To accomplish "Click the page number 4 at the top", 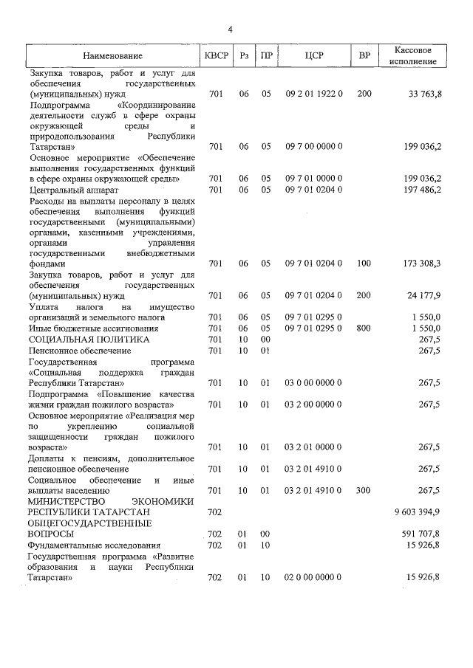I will (x=231, y=30).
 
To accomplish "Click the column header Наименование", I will (x=112, y=56).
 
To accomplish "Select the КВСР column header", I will (x=216, y=56).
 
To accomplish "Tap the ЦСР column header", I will (x=314, y=56).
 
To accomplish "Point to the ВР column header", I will (x=364, y=56).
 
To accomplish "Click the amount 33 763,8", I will (x=425, y=94).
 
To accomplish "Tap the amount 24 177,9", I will (x=425, y=296).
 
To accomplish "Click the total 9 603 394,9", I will (x=418, y=512).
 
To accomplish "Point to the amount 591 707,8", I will (x=422, y=534).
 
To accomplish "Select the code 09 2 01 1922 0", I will (x=314, y=94).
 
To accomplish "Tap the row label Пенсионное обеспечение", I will (x=78, y=350).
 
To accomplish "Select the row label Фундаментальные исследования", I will (x=92, y=545).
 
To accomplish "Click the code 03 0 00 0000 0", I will (x=313, y=382).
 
